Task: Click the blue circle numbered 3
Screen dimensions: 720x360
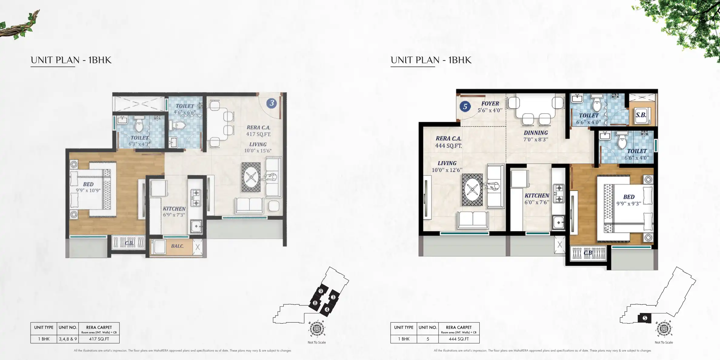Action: coord(272,103)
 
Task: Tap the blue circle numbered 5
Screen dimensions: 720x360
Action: coord(465,106)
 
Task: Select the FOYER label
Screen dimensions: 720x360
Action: coord(490,104)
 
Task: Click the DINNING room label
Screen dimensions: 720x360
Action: coord(536,133)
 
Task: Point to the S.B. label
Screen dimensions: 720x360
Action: coord(641,115)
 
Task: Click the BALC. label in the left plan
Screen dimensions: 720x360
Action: coord(177,246)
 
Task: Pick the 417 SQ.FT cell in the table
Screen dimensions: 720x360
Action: coord(99,339)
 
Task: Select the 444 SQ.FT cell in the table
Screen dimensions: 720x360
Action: coord(459,339)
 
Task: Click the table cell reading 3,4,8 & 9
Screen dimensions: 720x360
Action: coord(68,339)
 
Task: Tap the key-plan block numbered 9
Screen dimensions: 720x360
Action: coord(321,291)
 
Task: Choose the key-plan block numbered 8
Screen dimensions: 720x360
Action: coord(315,303)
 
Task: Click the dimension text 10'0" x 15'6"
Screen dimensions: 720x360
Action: coord(258,151)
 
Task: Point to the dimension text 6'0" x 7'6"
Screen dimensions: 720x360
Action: coord(537,202)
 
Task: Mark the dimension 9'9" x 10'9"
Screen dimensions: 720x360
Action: coord(88,190)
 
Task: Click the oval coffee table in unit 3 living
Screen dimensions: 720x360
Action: coord(251,177)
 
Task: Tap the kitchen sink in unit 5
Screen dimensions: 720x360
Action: coord(558,223)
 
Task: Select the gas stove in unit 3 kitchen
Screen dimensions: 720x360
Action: coord(196,198)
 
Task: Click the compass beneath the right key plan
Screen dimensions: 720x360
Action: coord(664,328)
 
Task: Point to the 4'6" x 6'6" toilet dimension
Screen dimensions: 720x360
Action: coord(185,112)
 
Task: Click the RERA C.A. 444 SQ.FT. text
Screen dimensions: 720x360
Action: coord(448,142)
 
